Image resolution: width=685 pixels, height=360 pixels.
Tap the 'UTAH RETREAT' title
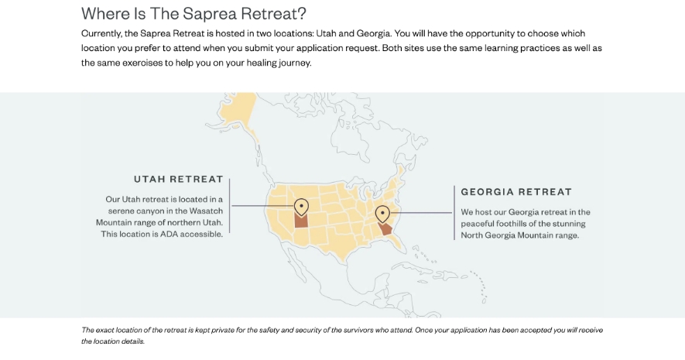tap(178, 180)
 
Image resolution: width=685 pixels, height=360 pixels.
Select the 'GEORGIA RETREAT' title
tap(516, 191)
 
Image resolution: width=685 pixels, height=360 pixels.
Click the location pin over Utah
tap(302, 207)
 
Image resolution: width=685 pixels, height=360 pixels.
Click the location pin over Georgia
tap(382, 214)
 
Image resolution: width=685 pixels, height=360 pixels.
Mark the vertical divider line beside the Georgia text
tap(453, 212)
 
